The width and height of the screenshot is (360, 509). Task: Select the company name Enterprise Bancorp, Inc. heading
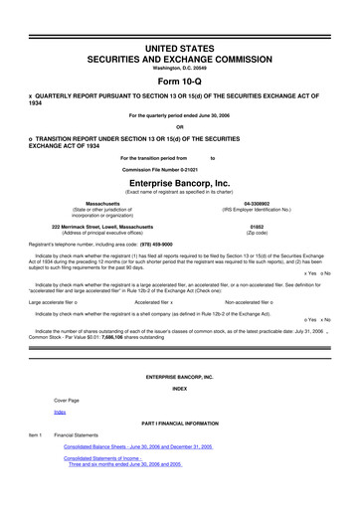(x=180, y=183)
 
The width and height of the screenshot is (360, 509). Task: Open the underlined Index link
(x=60, y=438)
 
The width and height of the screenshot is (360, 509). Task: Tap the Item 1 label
(x=35, y=463)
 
